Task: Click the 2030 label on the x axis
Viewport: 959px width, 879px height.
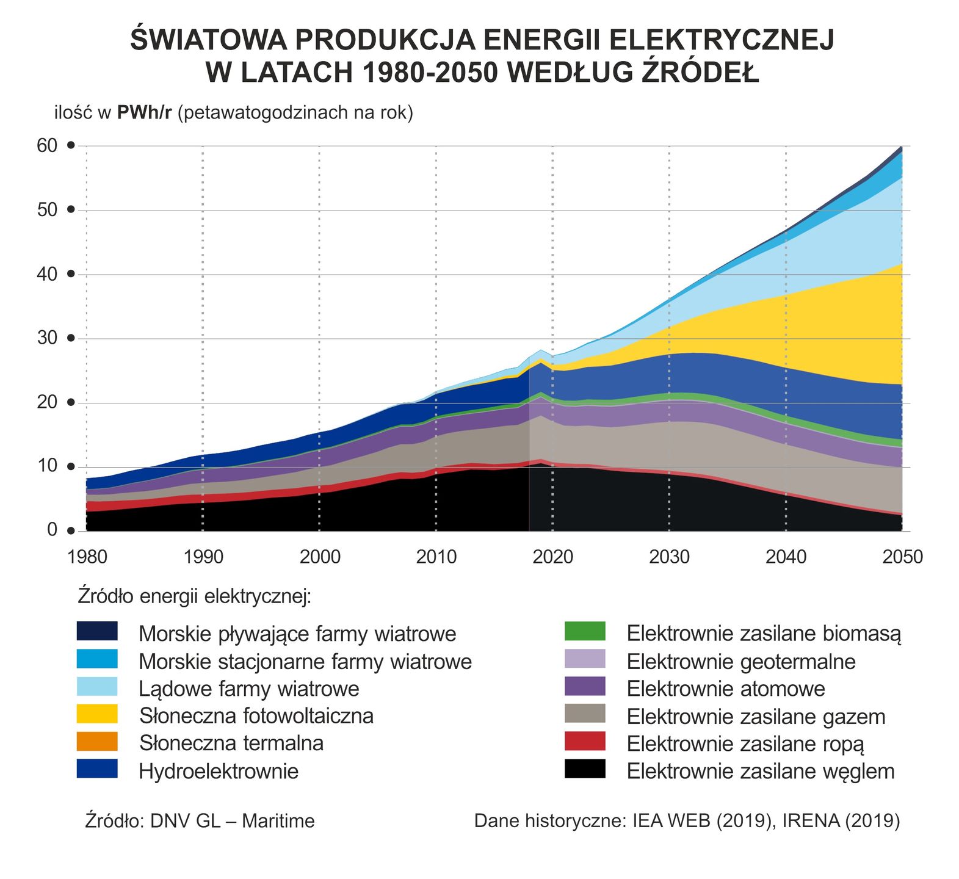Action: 669,557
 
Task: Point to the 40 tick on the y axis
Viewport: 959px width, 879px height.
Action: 48,274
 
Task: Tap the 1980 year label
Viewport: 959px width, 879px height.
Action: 87,557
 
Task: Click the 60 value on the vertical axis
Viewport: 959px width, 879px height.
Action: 48,145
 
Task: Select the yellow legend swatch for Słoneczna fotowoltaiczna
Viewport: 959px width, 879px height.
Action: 97,714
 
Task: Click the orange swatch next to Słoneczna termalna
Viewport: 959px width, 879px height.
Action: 97,742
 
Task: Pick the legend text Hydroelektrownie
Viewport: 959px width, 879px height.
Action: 219,771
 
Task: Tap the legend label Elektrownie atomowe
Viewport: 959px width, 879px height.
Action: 726,689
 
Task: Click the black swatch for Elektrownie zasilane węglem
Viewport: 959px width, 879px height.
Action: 585,769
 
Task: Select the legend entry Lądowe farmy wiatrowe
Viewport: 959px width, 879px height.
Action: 249,689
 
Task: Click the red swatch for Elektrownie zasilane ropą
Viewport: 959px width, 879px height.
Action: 585,742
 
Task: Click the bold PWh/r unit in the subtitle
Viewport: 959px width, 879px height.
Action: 145,113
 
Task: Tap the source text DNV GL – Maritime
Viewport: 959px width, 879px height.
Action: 232,821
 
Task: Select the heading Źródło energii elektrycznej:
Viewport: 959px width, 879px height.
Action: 195,596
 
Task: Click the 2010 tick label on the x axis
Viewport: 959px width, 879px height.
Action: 436,557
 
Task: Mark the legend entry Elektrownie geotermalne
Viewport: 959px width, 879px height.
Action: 741,661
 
